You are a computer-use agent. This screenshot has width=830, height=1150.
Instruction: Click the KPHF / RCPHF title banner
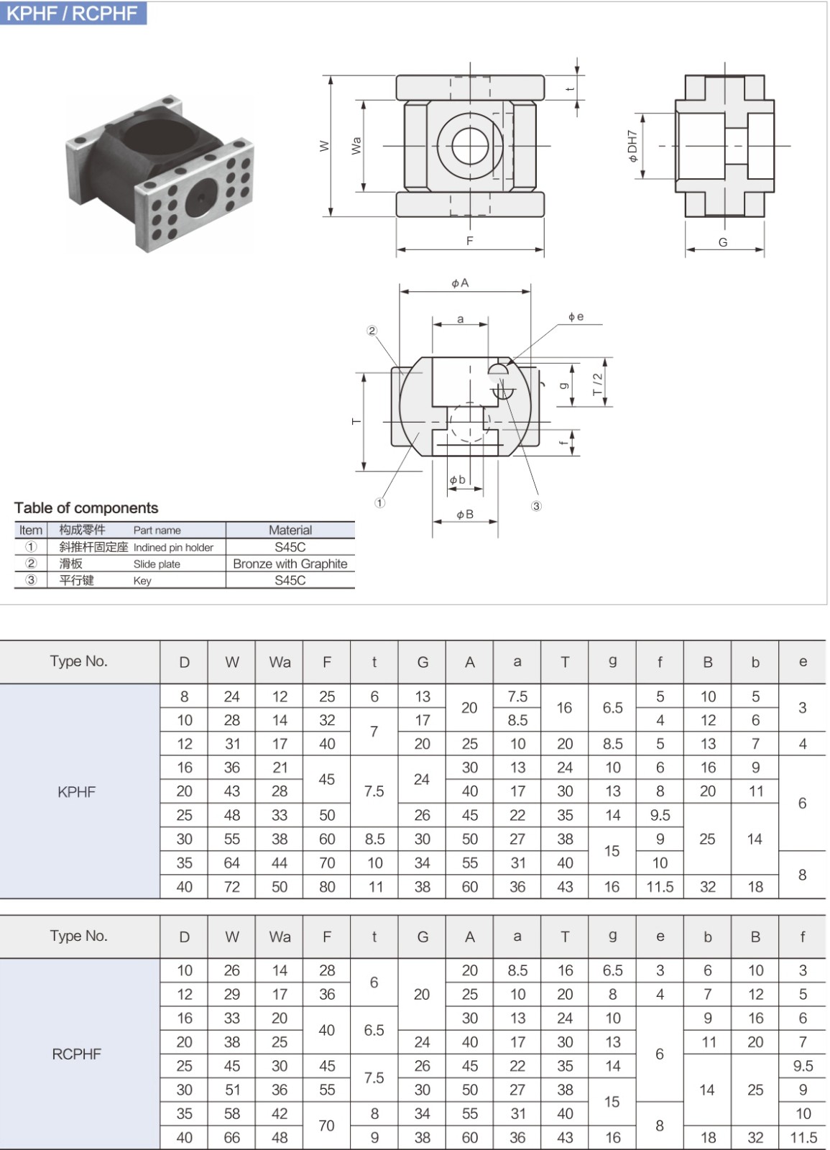click(72, 13)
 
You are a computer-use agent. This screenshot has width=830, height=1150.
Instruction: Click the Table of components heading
click(86, 507)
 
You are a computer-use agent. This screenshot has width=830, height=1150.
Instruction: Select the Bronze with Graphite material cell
click(290, 563)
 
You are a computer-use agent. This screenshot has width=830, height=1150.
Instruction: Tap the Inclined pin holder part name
click(173, 547)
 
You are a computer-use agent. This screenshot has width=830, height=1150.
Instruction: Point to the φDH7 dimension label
click(632, 146)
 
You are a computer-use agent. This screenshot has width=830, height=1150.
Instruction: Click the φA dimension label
click(460, 282)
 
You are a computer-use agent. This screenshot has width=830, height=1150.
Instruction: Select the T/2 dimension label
click(598, 385)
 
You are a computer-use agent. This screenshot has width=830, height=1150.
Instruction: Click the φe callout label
click(576, 316)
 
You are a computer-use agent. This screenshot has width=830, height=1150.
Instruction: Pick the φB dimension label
click(465, 514)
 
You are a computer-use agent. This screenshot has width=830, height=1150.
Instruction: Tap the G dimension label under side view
click(723, 242)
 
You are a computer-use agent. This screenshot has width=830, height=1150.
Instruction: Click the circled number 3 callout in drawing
click(536, 506)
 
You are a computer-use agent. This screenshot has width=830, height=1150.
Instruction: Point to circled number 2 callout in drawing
click(372, 331)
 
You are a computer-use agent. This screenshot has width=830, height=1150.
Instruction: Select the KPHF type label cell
click(76, 791)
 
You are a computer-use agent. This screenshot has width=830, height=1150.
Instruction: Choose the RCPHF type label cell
click(76, 1054)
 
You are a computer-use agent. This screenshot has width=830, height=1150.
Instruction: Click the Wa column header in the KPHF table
click(280, 662)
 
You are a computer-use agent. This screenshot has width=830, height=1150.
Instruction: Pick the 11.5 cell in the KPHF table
click(660, 886)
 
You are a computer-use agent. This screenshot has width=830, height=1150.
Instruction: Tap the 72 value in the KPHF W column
click(232, 886)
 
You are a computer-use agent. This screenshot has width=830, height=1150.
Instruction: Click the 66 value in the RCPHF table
click(232, 1137)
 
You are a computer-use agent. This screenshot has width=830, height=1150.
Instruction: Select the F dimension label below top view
click(470, 241)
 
